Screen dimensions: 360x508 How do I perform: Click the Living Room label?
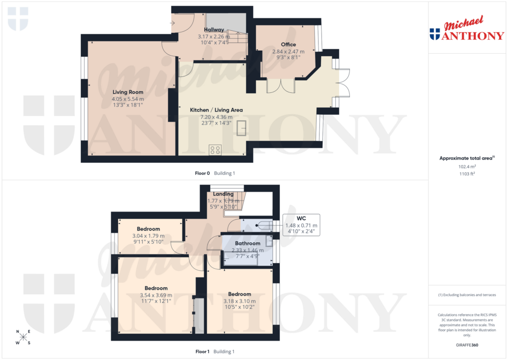coord(127,92)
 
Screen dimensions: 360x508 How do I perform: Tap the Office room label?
coord(288,45)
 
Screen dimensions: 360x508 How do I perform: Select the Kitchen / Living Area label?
coord(221,110)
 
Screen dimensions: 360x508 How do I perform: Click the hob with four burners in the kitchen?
coord(215,149)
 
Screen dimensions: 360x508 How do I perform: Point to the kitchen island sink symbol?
coord(243,128)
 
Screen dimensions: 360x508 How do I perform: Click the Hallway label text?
coord(214,30)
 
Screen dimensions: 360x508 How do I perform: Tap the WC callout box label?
coord(301,218)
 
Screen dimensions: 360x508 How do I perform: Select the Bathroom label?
coord(248,243)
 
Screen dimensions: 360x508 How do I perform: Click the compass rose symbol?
coord(23,338)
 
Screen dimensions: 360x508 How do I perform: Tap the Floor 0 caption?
coord(202,173)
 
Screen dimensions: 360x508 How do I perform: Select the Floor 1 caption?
coord(202,352)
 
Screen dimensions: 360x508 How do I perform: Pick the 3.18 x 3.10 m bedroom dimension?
coord(240,301)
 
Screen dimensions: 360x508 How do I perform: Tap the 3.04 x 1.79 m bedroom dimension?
coord(148,236)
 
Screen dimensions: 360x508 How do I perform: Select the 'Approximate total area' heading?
coord(466,158)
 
